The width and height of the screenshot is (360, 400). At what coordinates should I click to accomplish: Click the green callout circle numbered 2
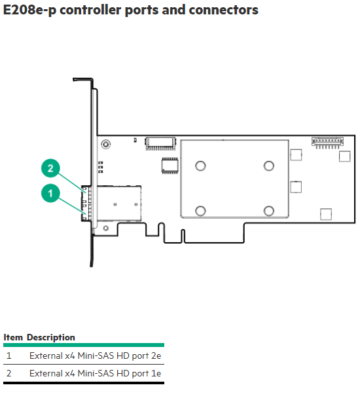point(50,168)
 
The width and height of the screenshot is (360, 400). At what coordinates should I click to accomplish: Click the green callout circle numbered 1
point(50,193)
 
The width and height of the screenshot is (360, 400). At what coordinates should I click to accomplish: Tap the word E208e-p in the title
point(29,10)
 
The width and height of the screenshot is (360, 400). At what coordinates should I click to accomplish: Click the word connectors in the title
point(223,10)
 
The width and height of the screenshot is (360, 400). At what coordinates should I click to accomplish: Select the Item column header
point(13,337)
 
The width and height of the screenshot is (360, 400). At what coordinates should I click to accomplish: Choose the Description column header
point(51,338)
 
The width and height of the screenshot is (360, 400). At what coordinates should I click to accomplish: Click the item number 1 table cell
point(9,355)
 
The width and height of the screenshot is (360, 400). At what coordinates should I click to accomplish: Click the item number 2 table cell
point(9,373)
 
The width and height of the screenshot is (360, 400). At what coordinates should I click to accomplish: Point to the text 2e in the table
point(156,355)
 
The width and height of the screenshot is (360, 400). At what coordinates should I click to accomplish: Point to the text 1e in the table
point(156,373)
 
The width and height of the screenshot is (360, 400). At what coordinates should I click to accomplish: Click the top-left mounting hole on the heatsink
point(200,166)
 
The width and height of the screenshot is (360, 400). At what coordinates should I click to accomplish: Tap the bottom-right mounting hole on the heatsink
point(268,211)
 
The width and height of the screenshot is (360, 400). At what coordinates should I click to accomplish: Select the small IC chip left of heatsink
point(170,166)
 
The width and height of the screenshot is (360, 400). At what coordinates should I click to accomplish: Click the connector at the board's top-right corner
point(327,143)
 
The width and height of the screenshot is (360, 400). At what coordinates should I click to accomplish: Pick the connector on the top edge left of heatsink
point(160,143)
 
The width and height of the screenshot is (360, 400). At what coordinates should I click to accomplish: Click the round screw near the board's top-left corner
point(105,145)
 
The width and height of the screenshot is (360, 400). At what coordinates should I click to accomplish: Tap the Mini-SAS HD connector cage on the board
point(119,204)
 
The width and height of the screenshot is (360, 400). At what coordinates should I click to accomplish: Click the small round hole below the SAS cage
point(105,228)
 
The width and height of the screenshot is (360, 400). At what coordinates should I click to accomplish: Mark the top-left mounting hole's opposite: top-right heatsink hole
point(268,166)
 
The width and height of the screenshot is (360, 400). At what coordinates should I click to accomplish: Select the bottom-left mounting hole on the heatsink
point(200,211)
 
